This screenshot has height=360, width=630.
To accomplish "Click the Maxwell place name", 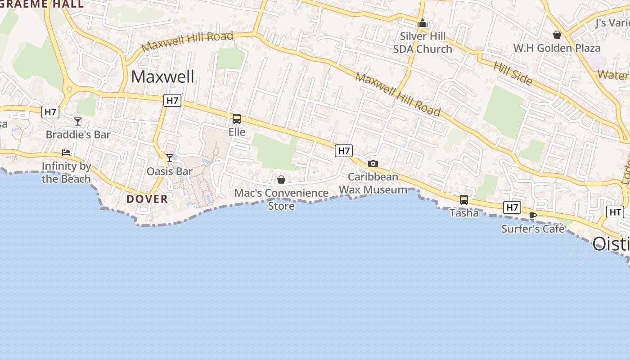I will point(162,76).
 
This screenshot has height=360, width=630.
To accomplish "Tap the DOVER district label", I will point(147,199).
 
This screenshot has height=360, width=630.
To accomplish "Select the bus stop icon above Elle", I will point(237,119).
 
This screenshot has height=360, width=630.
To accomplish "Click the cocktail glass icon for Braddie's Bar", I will point(78,121).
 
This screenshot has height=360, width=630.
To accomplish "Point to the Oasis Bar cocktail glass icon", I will point(170,157).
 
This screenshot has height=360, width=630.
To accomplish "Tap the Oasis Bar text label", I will point(170,171).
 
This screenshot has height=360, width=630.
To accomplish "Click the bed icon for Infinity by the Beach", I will point(66,153).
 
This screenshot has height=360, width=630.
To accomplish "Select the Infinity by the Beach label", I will point(66,172).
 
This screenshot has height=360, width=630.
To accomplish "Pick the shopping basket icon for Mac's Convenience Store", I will point(281,180).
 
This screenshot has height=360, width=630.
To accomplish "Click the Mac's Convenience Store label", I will point(282,199).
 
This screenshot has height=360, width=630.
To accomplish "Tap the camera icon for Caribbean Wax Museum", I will point(373,164).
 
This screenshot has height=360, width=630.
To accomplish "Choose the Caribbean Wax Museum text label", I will point(373,183).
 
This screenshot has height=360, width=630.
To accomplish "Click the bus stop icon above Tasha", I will point(464,199).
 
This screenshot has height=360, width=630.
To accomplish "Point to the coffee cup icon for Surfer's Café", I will point(533,216).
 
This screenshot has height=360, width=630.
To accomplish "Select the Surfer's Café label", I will point(533,229).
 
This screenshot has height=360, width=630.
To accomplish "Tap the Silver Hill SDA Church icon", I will point(423,23).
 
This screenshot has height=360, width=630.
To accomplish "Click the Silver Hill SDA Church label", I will point(423,42).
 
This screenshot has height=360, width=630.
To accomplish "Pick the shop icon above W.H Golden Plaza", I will point(557,35).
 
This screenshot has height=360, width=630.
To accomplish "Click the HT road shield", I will point(615,212).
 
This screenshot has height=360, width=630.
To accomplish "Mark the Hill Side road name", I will point(513,73).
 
